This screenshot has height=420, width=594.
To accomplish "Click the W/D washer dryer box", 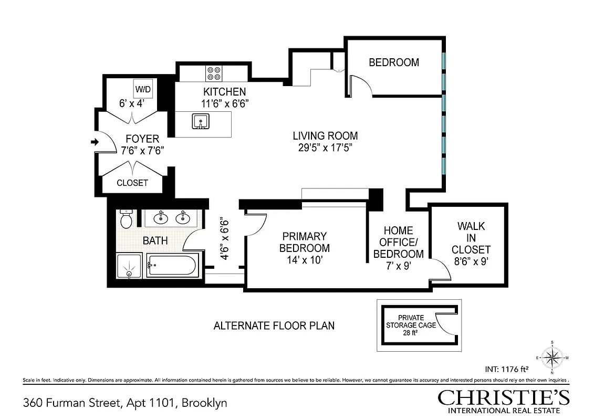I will tap(143, 89).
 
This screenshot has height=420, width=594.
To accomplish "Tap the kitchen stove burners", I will tap(213, 72).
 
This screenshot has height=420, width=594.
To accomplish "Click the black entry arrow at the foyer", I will tap(95, 142).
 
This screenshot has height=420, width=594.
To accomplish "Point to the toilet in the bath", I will tap(126, 219).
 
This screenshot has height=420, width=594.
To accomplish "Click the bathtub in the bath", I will tap(172, 266).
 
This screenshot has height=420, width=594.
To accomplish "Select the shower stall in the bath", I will tap(129, 267).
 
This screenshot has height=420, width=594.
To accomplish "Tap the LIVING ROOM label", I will tap(325, 136).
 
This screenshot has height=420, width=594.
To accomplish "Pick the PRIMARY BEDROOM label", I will tap(304, 242).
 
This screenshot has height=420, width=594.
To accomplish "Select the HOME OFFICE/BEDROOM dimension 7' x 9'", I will tap(398, 266).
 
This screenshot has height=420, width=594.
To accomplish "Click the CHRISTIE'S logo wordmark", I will tap(504, 397).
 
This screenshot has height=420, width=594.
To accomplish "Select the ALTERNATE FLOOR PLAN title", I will tap(274, 325).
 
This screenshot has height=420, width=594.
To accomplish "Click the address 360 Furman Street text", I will tap(125, 403).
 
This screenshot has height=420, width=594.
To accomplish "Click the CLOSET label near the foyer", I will tap(132, 183).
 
